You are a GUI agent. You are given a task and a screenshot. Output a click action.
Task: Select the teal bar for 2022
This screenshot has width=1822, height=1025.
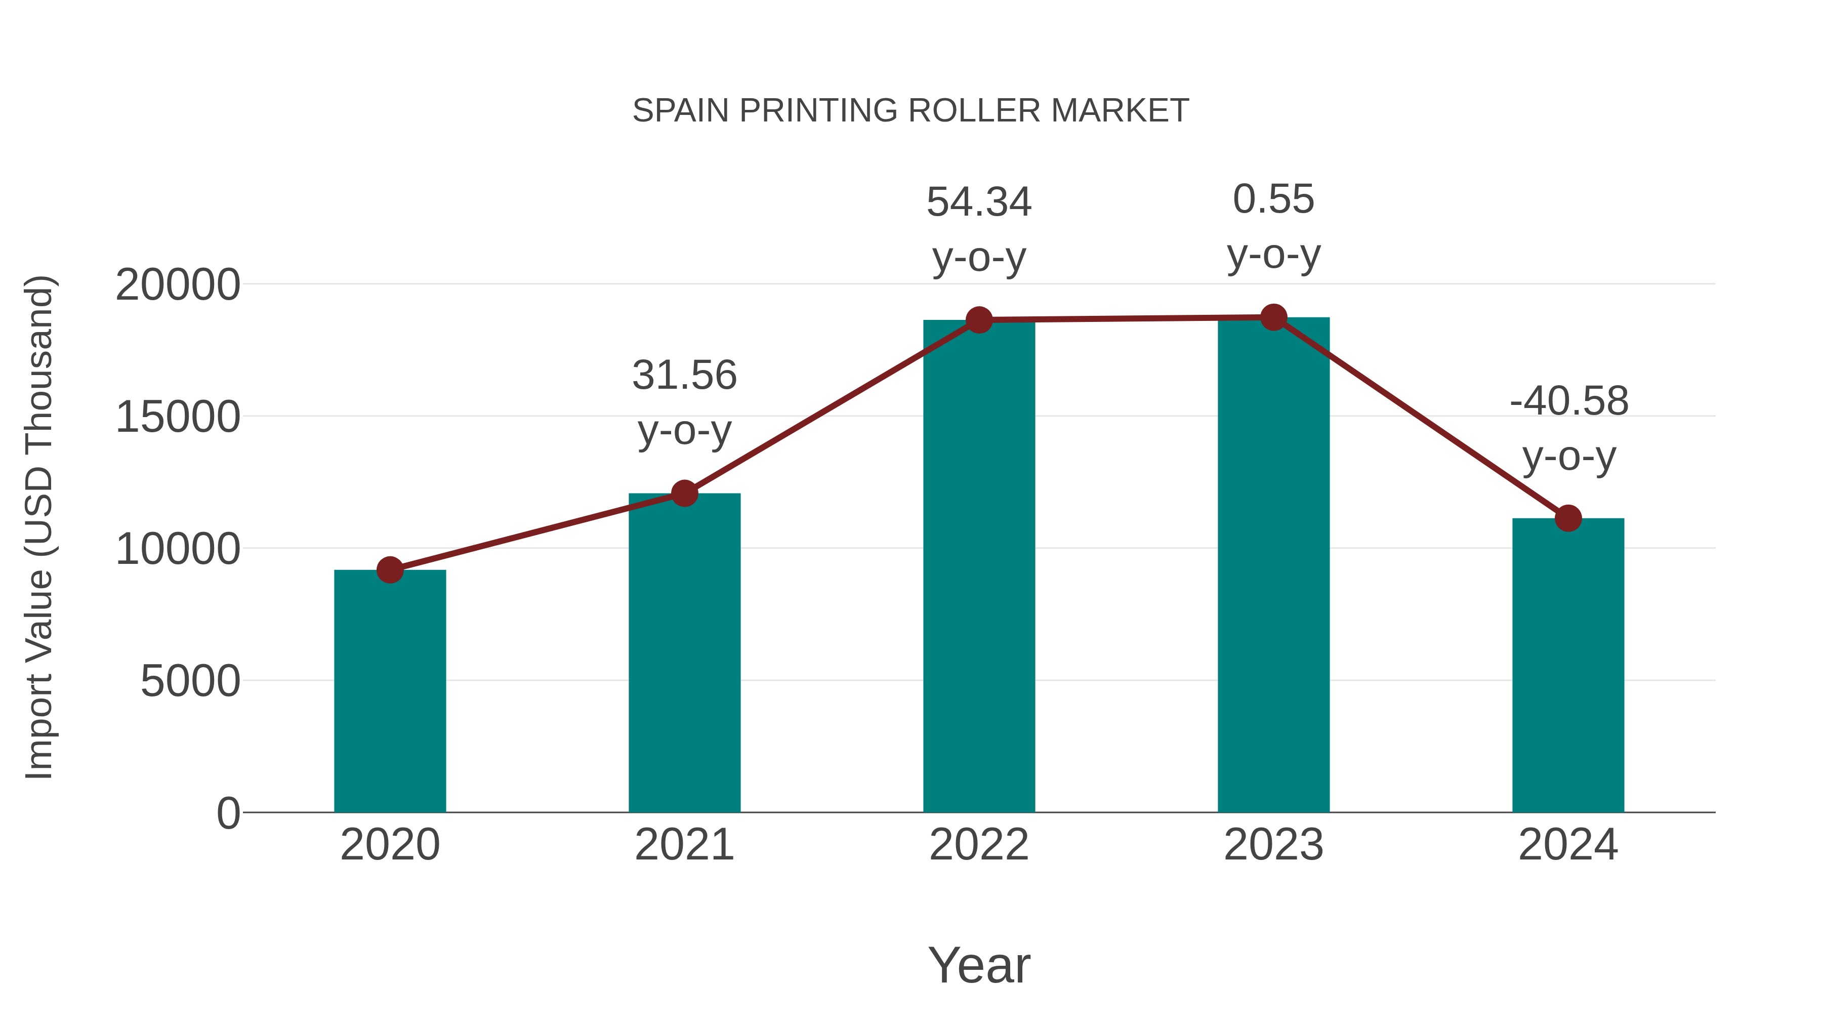[979, 566]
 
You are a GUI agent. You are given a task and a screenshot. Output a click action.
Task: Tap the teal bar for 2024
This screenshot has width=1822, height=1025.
[1568, 665]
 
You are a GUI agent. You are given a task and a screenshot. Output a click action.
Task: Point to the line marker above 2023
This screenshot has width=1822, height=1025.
[1274, 317]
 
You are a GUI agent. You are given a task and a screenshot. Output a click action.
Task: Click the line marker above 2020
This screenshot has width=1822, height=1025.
[390, 569]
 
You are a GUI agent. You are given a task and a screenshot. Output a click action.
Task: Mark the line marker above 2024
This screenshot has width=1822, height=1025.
[1568, 518]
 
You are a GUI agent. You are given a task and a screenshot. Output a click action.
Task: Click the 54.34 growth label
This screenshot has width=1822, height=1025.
[979, 202]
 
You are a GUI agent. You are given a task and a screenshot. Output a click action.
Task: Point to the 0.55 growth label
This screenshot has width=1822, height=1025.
[1274, 199]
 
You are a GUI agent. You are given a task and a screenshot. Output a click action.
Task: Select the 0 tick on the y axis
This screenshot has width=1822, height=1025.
[228, 813]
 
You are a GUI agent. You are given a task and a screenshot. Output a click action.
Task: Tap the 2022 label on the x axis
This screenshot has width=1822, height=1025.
[979, 845]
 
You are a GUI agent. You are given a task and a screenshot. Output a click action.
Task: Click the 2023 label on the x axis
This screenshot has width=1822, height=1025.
[1274, 845]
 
